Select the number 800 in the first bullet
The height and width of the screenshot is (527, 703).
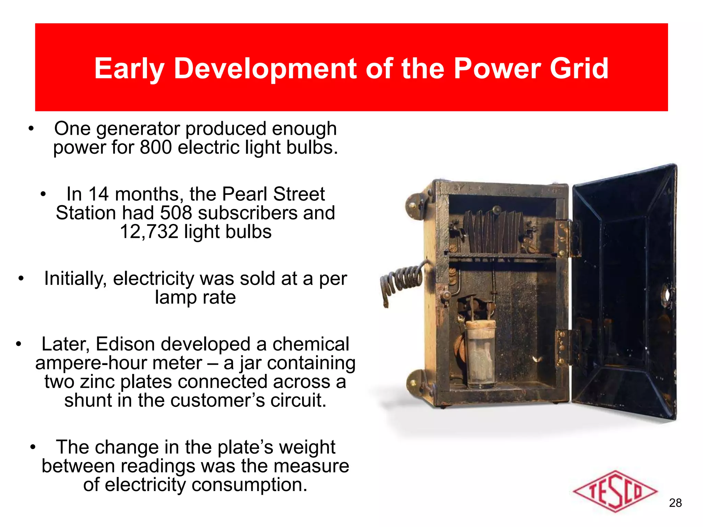pyautogui.click(x=156, y=148)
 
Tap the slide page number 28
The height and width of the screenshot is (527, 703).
pyautogui.click(x=675, y=503)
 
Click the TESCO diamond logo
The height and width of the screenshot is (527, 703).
pyautogui.click(x=614, y=491)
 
